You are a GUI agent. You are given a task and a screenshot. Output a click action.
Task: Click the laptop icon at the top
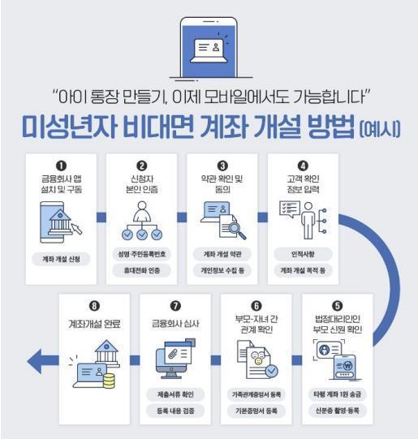209,49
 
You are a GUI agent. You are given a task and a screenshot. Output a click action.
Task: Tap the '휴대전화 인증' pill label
141,270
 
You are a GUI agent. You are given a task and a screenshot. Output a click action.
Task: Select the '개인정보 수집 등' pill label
222,270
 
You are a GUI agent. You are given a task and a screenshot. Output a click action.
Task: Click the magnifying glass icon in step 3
236,230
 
